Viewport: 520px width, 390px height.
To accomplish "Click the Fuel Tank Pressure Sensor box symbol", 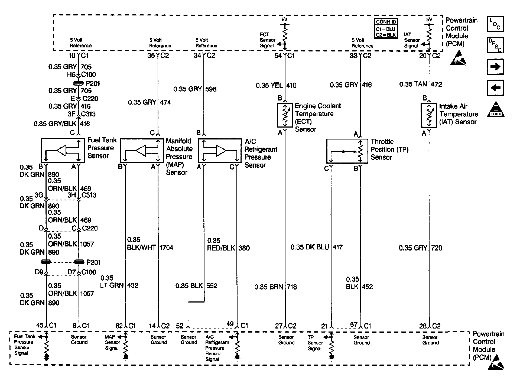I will click(63, 150).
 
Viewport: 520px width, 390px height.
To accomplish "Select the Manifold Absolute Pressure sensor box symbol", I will click(142, 151).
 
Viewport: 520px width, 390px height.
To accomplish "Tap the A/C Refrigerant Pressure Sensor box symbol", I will click(220, 151).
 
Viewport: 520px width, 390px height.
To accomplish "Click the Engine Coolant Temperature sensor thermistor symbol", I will click(285, 115).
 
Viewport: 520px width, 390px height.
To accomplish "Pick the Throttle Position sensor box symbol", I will click(347, 151).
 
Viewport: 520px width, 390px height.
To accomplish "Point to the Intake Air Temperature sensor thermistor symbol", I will click(429, 115).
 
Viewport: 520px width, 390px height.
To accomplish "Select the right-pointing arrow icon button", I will click(495, 67).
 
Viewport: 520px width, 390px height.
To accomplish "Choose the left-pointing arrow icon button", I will click(495, 88).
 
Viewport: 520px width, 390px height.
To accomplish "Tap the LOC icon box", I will click(495, 24).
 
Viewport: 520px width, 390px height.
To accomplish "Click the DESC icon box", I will click(495, 45).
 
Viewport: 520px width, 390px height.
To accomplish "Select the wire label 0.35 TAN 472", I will click(420, 84).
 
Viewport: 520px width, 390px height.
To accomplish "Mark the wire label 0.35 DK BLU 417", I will click(316, 247).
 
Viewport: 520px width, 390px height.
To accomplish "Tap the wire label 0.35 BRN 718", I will click(275, 287).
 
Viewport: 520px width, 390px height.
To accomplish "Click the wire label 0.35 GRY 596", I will click(195, 89).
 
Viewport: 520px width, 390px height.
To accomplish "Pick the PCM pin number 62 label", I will click(119, 326).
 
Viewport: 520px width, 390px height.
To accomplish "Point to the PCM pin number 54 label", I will click(278, 56).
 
